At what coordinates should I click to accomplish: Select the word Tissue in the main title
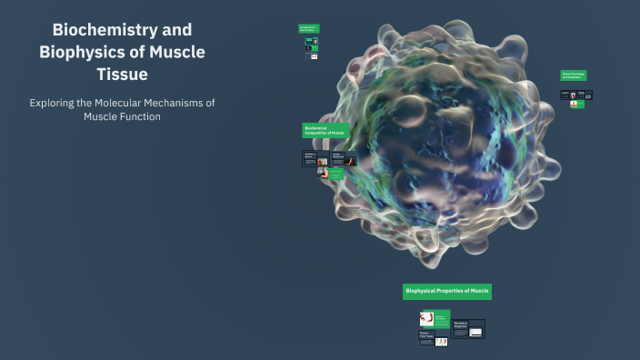point(122,74)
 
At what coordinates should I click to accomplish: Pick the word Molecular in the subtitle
point(126,103)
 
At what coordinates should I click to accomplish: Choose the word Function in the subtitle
point(137,116)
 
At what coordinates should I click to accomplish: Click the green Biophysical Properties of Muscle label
point(447,291)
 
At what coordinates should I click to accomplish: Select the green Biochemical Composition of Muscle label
point(325,131)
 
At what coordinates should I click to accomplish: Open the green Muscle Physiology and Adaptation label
point(574,75)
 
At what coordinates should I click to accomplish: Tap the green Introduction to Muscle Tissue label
point(309,29)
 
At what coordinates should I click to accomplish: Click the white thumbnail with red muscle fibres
point(425,318)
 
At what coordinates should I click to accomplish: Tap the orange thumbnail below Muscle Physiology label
point(574,104)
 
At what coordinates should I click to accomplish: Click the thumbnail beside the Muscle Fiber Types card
point(442,342)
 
